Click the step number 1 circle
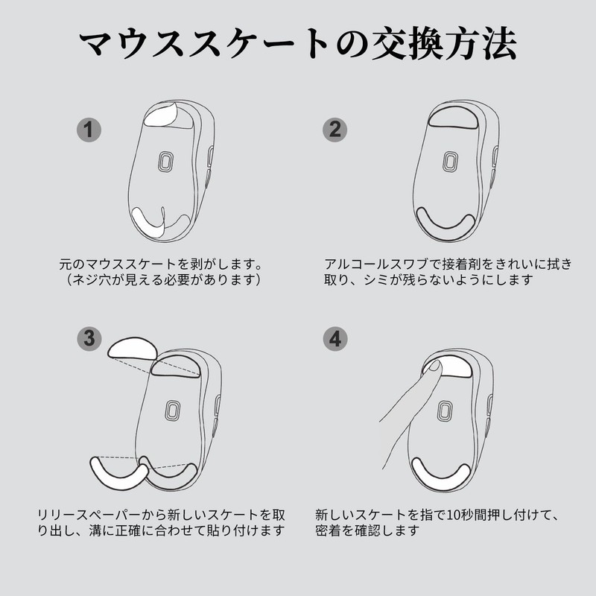point(89,130)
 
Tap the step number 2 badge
point(335,130)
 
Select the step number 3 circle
point(89,338)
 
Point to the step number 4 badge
point(335,338)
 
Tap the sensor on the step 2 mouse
point(451,162)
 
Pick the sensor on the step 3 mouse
point(173,410)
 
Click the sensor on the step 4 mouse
point(444,410)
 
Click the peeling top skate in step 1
point(160,115)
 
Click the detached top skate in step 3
point(133,348)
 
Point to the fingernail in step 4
point(434,366)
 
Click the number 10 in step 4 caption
point(453,515)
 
